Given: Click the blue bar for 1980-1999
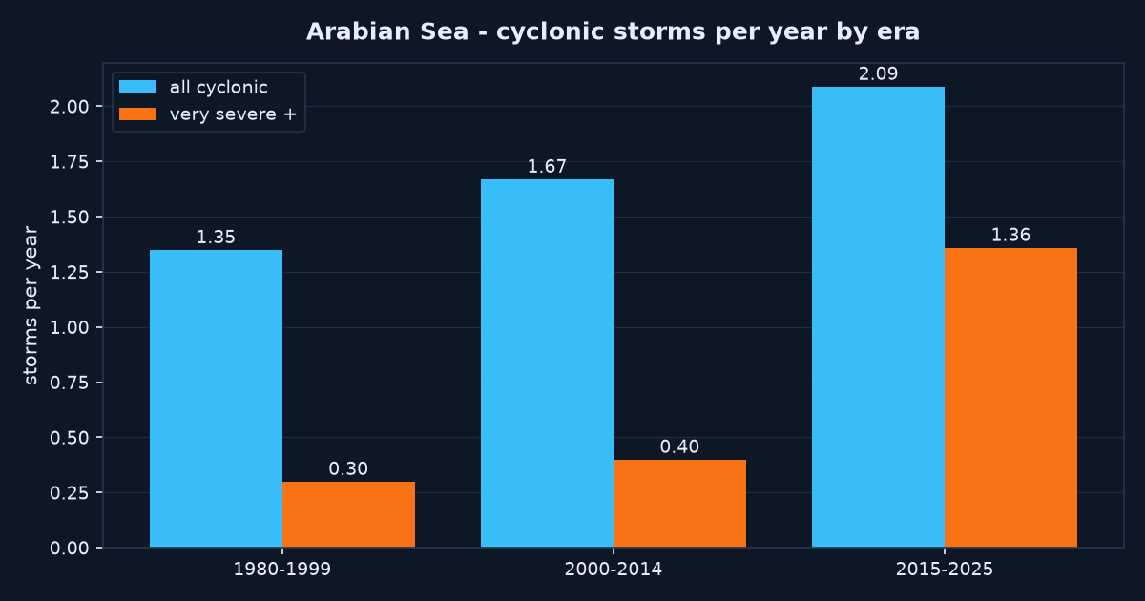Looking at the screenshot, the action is click(216, 399).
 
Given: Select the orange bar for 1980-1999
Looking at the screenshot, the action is click(348, 514).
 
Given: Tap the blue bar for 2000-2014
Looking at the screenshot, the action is click(547, 363).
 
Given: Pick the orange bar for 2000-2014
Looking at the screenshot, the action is click(679, 504).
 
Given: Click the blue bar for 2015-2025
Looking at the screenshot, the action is click(878, 317).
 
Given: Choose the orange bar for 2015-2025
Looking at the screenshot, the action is click(1011, 398).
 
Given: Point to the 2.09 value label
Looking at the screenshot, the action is click(878, 74).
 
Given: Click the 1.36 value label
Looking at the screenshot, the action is click(1011, 235).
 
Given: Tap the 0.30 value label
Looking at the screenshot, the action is click(348, 468).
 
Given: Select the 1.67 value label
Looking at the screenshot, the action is click(547, 167).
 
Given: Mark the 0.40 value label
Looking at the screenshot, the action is click(679, 446).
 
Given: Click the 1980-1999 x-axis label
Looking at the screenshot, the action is click(282, 570).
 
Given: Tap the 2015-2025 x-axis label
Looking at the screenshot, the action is click(945, 570).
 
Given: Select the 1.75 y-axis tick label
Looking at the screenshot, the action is click(69, 162).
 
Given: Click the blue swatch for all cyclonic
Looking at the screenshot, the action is click(137, 87).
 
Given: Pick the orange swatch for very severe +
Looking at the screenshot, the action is click(137, 114).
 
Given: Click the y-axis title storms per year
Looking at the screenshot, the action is click(31, 305).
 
